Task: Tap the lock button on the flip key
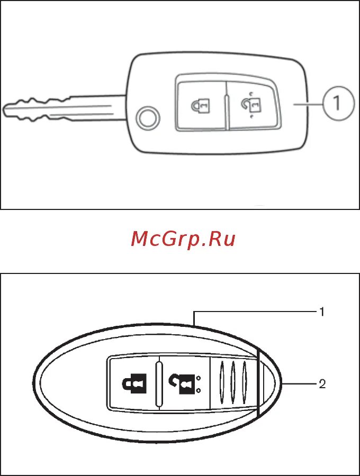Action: tap(201, 105)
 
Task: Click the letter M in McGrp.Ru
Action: tap(140, 240)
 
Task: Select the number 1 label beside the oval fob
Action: tap(321, 312)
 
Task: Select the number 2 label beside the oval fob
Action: tap(321, 384)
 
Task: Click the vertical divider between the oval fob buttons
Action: tap(158, 383)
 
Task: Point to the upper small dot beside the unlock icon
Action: tap(197, 378)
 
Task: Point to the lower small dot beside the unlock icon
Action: tap(197, 390)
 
